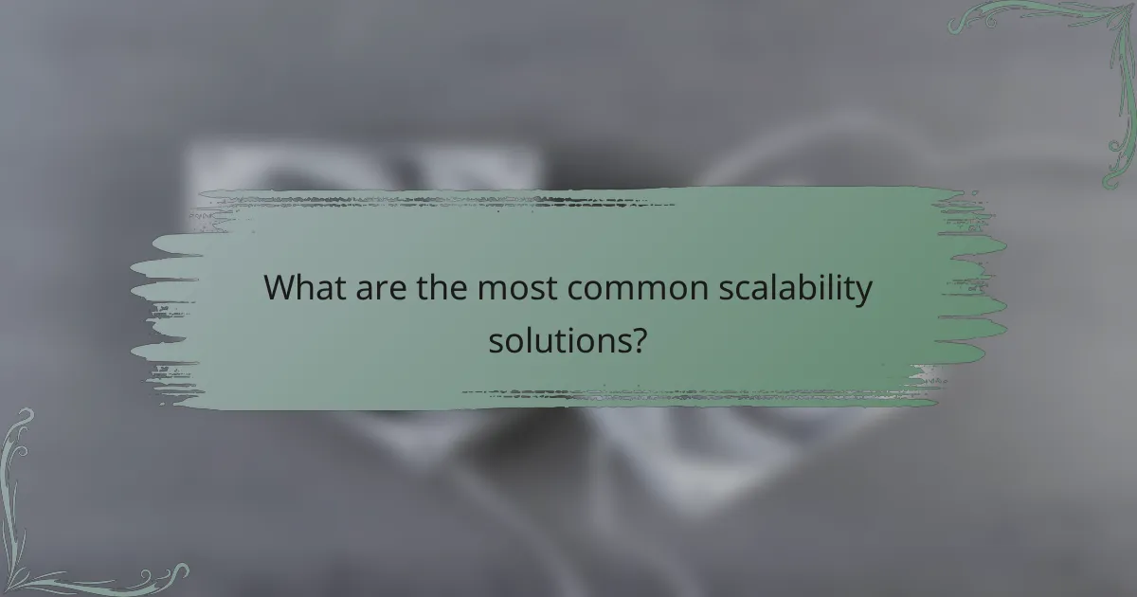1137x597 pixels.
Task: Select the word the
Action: coord(442,287)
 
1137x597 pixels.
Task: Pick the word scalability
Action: coord(793,289)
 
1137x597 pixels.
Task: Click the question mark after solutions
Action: coord(641,338)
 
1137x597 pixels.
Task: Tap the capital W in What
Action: coord(280,287)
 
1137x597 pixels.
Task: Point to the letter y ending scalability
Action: coord(862,294)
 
